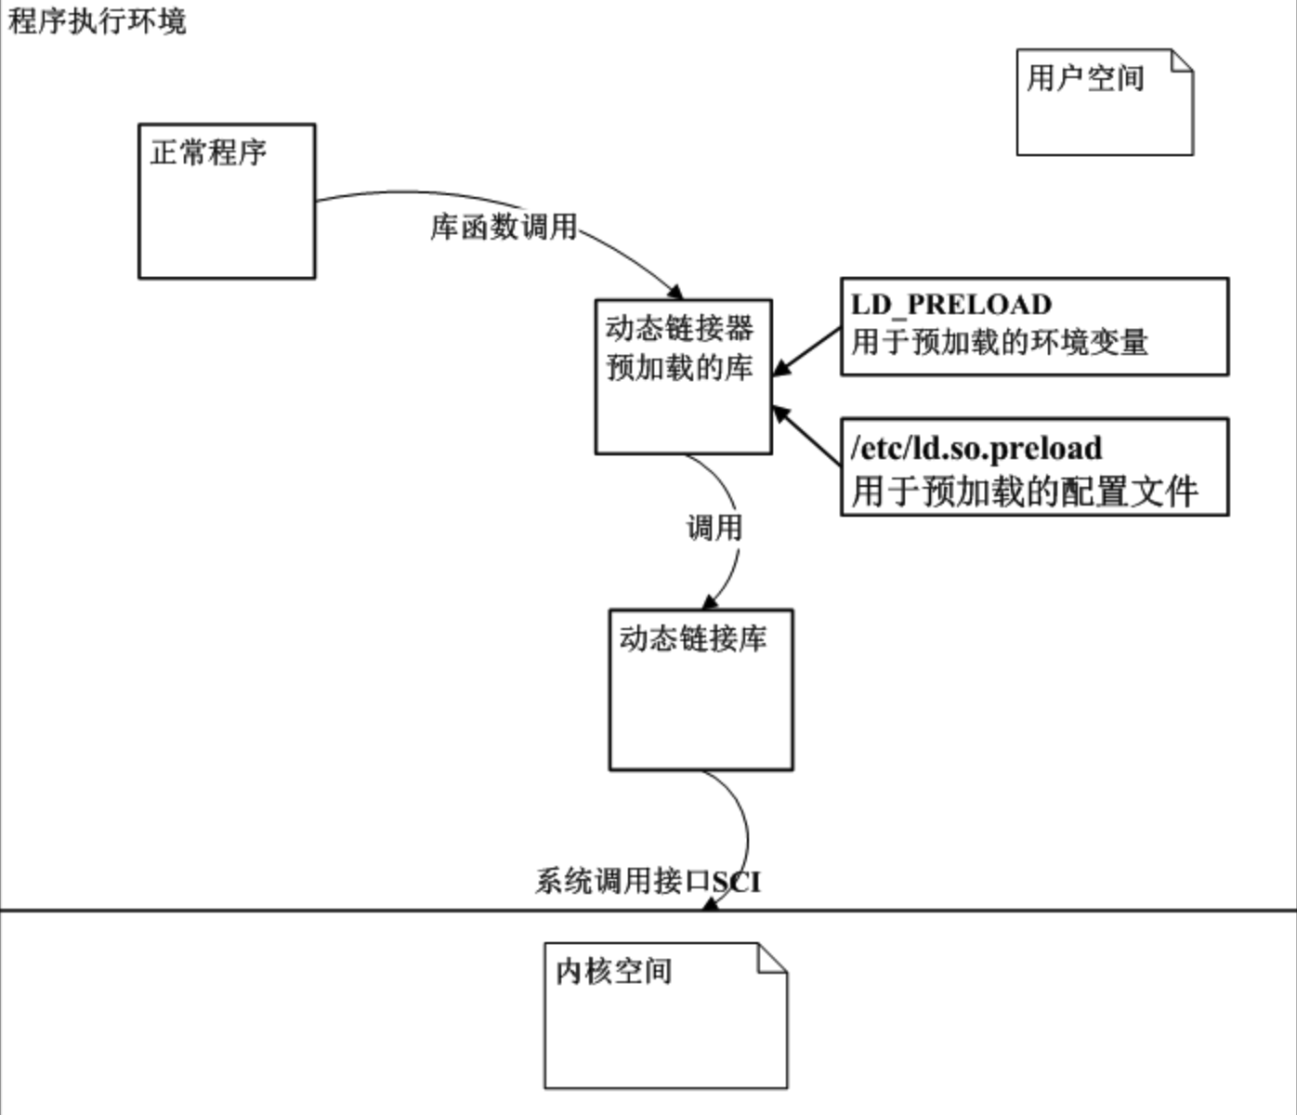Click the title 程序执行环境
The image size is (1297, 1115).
point(98,20)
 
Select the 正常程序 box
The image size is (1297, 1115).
point(227,201)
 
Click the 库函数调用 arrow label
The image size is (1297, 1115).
point(503,226)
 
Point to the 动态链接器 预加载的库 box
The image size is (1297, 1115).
point(683,376)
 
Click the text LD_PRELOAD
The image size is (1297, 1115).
point(950,305)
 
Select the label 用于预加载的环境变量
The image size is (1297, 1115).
point(999,343)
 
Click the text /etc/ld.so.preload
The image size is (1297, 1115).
point(976,448)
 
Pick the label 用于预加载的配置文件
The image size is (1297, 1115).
point(1024,491)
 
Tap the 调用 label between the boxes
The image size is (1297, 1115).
point(714,528)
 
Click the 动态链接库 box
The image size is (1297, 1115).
point(701,690)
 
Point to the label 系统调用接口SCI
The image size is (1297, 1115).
point(647,881)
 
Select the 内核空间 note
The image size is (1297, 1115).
point(665,1016)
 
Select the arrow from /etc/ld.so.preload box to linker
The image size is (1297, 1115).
point(806,436)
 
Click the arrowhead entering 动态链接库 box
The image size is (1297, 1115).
point(711,601)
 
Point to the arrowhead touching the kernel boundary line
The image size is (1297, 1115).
point(711,903)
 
